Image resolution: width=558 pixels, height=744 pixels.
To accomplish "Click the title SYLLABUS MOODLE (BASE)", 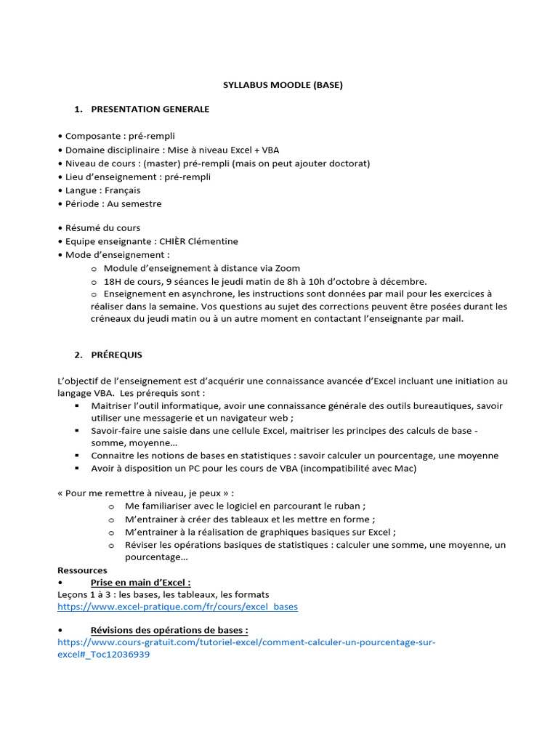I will [x=282, y=85].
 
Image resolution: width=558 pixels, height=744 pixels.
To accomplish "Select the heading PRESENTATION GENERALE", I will [x=150, y=109].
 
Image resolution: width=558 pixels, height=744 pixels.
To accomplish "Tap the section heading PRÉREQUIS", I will [x=116, y=355].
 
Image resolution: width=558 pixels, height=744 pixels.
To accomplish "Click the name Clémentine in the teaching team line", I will [x=213, y=241].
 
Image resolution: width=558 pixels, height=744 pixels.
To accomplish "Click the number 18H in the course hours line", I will [x=114, y=282].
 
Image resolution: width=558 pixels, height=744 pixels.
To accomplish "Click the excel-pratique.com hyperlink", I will [x=177, y=606].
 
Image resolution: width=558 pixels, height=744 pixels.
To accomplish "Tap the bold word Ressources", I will [x=82, y=570].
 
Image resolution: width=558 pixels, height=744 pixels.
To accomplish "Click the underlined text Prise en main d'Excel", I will [x=140, y=583].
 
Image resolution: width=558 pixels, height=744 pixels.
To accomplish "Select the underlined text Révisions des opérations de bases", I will [x=169, y=630].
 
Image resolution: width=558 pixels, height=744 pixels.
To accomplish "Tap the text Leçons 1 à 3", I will [x=84, y=594].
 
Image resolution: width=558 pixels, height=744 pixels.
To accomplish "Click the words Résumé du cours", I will [x=102, y=228].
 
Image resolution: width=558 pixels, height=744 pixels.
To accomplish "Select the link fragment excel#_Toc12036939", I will [x=104, y=655].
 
